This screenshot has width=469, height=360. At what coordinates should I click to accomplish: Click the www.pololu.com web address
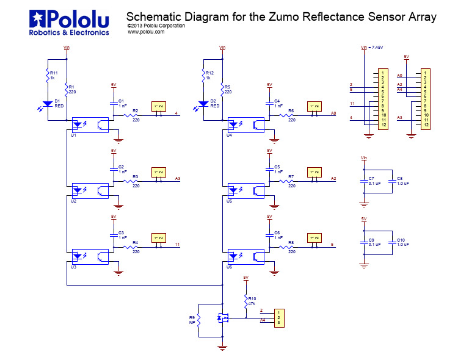pos(146,32)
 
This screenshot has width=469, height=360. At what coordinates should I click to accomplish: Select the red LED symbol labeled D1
pos(47,104)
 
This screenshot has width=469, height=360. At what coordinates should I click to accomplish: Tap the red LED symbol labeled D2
pos(203,104)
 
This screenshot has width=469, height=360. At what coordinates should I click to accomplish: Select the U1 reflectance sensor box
pos(90,124)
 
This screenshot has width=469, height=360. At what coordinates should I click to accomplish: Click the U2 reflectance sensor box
pos(90,190)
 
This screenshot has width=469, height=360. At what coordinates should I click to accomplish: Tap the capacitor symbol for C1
pos(114,104)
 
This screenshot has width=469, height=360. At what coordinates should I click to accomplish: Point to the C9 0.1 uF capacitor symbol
pos(364,242)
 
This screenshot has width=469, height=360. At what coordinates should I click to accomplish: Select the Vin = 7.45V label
pos(372,47)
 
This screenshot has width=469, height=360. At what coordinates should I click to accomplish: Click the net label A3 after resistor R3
pos(178,178)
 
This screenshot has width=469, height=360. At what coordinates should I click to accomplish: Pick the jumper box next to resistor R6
pos(314,107)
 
